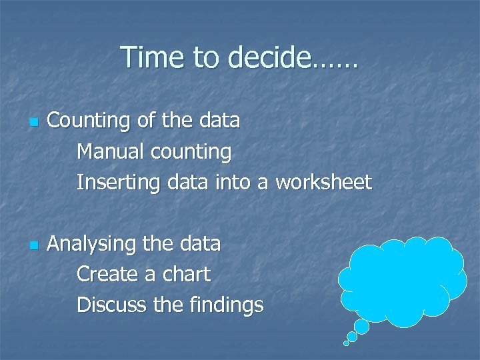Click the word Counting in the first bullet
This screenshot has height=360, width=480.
[x=88, y=121]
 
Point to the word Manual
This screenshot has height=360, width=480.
[x=111, y=152]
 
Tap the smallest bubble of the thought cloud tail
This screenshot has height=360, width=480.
[x=346, y=343]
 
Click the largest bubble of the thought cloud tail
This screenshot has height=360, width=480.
[x=362, y=326]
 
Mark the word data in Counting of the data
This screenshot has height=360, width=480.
[x=219, y=121]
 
